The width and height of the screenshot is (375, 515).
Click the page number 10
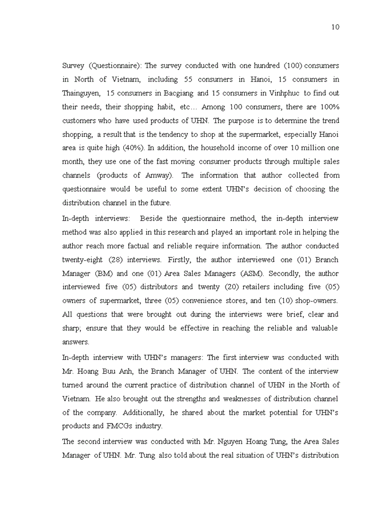335,27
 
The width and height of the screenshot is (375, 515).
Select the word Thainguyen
80,93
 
